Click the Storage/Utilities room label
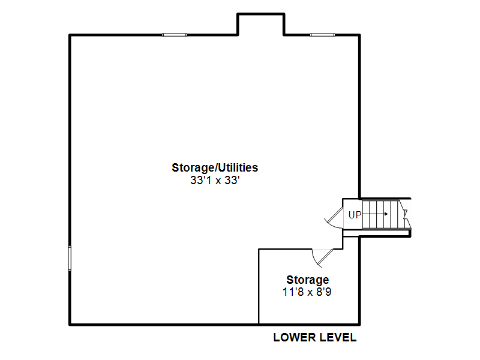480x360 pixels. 215,168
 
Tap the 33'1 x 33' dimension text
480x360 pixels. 215,181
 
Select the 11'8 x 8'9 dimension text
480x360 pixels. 307,292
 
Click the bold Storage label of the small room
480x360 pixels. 308,280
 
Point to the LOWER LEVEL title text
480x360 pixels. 315,337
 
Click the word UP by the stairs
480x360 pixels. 355,215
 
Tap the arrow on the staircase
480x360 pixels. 375,214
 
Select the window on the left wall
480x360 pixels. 70,258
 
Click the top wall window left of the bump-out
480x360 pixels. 174,35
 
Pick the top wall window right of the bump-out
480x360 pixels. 322,35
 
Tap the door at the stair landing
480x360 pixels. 334,218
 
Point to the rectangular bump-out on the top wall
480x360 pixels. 261,14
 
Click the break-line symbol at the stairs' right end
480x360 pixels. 406,214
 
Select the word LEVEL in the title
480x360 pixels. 338,337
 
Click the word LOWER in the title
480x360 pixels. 295,337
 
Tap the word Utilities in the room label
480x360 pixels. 239,167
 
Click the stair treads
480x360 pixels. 381,214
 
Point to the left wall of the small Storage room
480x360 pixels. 259,287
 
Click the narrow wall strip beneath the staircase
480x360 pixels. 377,233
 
